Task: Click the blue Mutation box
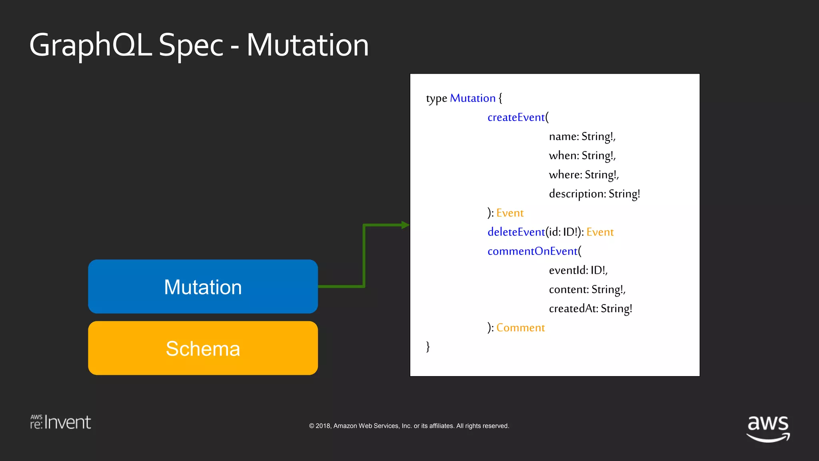coord(203,287)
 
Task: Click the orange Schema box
coord(203,348)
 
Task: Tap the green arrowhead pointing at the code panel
coord(405,225)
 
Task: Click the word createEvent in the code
coord(516,117)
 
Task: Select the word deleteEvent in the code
coord(516,232)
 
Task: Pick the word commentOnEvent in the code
coord(532,251)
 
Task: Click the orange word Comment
coord(520,328)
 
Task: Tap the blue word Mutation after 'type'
coord(472,98)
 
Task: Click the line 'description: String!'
coord(594,194)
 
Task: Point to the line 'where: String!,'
coord(583,174)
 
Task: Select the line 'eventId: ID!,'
coord(578,270)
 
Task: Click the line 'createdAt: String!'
coord(590,309)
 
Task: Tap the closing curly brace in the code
coord(428,346)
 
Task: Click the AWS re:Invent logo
coord(60,422)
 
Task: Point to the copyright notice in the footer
coord(409,426)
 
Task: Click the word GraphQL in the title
coord(90,45)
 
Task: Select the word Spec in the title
coord(191,45)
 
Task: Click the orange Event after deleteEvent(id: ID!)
coord(600,232)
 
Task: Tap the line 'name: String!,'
coord(582,136)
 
